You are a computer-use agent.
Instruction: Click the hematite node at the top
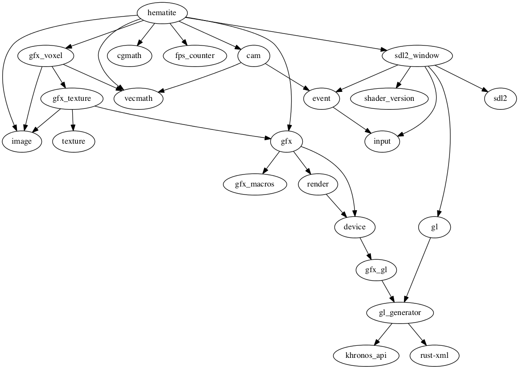coord(162,13)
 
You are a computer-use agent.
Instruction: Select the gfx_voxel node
coord(46,56)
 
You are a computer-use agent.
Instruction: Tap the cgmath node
coord(130,56)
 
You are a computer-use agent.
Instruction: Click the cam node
coord(253,56)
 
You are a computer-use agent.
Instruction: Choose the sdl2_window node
coord(417,56)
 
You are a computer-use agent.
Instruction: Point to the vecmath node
coord(139,99)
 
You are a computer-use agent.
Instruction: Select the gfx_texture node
coord(72,99)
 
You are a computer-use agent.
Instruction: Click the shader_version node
coord(389,99)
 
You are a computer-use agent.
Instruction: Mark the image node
coord(22,141)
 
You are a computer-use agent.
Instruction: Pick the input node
coord(382,141)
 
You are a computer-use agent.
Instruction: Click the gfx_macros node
coord(255,184)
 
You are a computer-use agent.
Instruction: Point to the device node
coord(355,227)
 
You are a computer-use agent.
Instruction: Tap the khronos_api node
coord(366,356)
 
